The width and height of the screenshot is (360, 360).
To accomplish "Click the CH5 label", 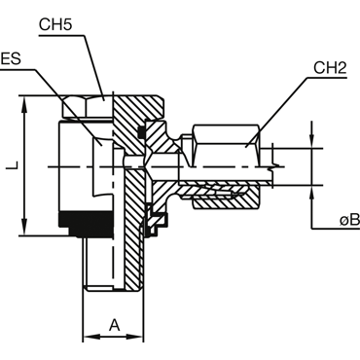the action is point(55,24).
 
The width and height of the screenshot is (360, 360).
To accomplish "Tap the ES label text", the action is point(11,59).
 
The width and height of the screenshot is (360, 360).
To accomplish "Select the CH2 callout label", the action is point(330,68).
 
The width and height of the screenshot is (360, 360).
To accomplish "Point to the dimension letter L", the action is point(13,165).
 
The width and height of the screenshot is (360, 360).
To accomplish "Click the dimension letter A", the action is point(114,325).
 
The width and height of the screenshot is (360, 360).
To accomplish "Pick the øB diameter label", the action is point(349,220).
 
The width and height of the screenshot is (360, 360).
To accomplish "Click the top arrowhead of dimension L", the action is point(24,104).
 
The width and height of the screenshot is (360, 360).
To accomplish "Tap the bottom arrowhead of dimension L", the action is point(24,227).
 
